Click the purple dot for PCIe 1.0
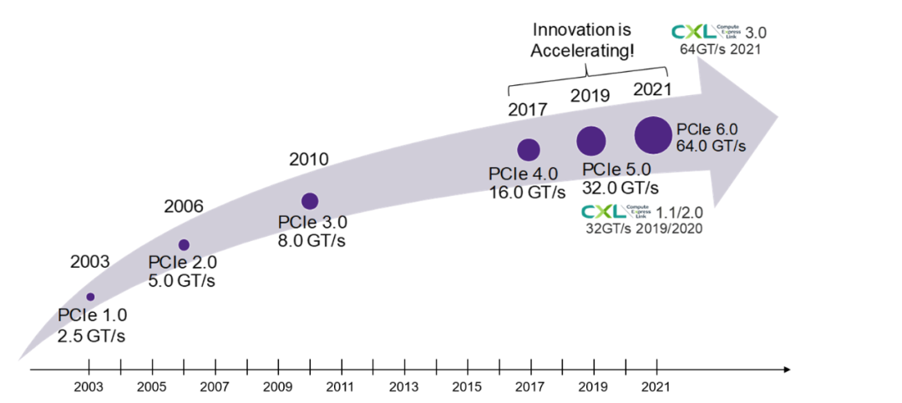pyautogui.click(x=90, y=297)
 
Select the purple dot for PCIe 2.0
pyautogui.click(x=184, y=244)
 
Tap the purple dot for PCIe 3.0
pyautogui.click(x=310, y=200)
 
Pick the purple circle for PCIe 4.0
pyautogui.click(x=529, y=149)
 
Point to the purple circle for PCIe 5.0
pyautogui.click(x=591, y=141)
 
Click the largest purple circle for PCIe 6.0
pyautogui.click(x=653, y=135)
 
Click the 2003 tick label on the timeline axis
pyautogui.click(x=89, y=386)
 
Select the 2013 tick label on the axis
pyautogui.click(x=403, y=386)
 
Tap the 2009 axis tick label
pyautogui.click(x=277, y=386)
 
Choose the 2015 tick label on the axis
pyautogui.click(x=467, y=386)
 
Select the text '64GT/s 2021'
pyautogui.click(x=720, y=49)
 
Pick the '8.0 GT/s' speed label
pyautogui.click(x=312, y=240)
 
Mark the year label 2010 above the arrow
pyautogui.click(x=309, y=159)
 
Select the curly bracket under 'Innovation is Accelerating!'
pyautogui.click(x=590, y=77)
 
